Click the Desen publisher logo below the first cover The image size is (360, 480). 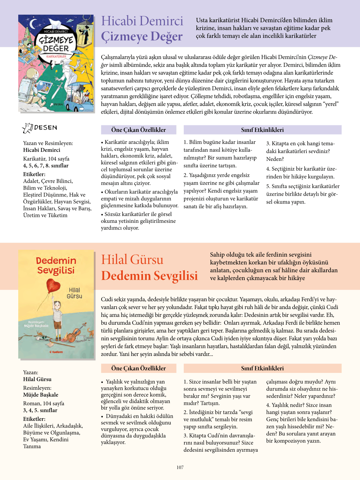(39, 128)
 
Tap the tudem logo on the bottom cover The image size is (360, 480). (56, 352)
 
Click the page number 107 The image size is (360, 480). (180, 467)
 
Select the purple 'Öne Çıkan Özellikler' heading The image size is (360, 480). (138, 130)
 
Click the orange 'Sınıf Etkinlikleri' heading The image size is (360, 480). (262, 368)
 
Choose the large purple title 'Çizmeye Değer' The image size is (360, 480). (142, 36)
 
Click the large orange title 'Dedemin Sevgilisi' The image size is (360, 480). (150, 276)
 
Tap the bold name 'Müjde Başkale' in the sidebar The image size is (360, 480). (41, 395)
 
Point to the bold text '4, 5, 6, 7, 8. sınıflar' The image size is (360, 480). (46, 165)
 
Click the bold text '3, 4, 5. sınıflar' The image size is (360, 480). (40, 410)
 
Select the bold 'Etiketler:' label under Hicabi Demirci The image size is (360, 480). (34, 174)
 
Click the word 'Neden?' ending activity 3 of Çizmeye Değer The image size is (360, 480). (275, 159)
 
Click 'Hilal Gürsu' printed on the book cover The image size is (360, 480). (74, 293)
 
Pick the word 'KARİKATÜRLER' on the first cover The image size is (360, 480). (56, 56)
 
